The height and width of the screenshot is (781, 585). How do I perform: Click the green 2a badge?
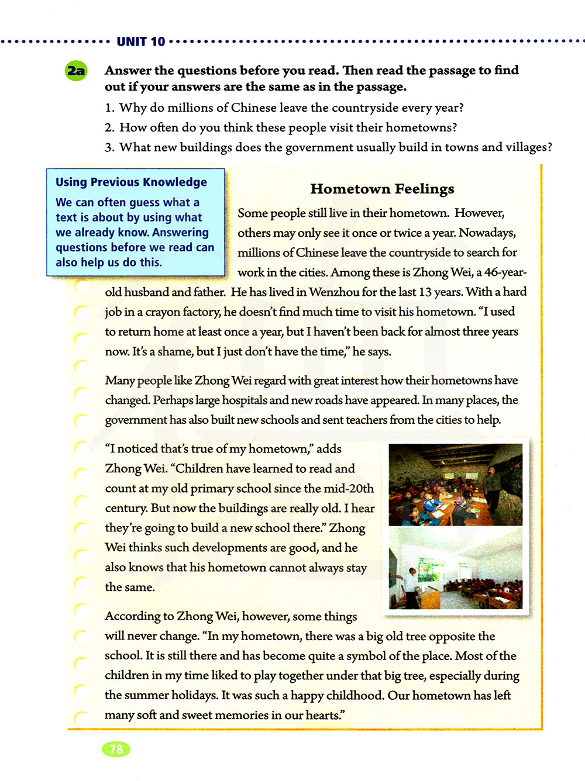coord(76,71)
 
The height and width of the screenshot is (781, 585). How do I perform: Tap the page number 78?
coord(116,749)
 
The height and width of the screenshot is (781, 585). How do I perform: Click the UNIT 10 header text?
coord(141,42)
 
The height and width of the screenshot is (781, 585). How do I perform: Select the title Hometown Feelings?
coord(382,189)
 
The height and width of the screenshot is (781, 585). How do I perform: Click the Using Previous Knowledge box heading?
coord(131,182)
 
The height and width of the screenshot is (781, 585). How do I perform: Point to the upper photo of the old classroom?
coord(455,485)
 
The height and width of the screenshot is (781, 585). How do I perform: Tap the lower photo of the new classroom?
coord(455,568)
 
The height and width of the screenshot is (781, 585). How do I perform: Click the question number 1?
coord(109,108)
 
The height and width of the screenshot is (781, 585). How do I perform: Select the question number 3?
coord(109,148)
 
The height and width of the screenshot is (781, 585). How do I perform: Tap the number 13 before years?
coord(426,292)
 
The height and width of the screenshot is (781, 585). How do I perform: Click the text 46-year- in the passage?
coord(505,272)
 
